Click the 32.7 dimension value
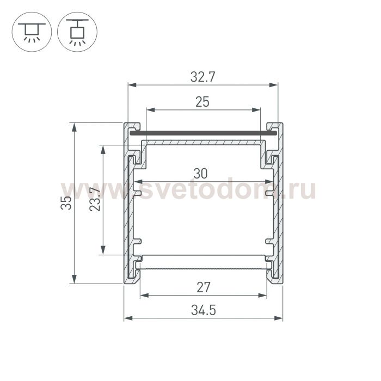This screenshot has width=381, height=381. [x=202, y=77]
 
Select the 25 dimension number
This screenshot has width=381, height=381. [x=202, y=102]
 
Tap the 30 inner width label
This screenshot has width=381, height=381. [x=200, y=174]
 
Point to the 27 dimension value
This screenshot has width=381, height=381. [x=204, y=287]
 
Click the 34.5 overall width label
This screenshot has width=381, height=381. [x=204, y=310]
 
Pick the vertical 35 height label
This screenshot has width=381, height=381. [x=66, y=203]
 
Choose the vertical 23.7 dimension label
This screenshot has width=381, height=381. [x=95, y=199]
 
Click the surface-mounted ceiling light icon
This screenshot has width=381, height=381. [x=32, y=32]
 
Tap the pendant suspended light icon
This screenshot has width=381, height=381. [x=77, y=32]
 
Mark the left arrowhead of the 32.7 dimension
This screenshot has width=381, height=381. [x=132, y=85]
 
